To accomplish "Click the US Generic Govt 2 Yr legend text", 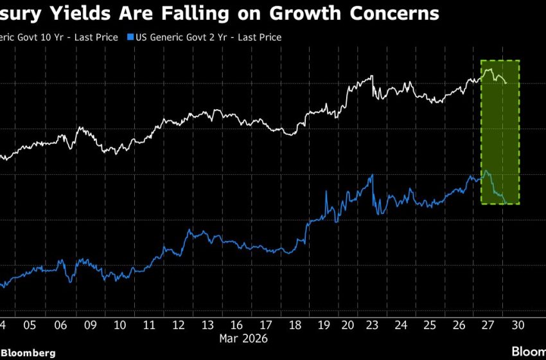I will pos(208,37).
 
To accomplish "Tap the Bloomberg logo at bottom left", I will pos(28,353).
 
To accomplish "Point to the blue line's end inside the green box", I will pos(506,203).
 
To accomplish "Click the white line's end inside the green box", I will pos(506,82).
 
